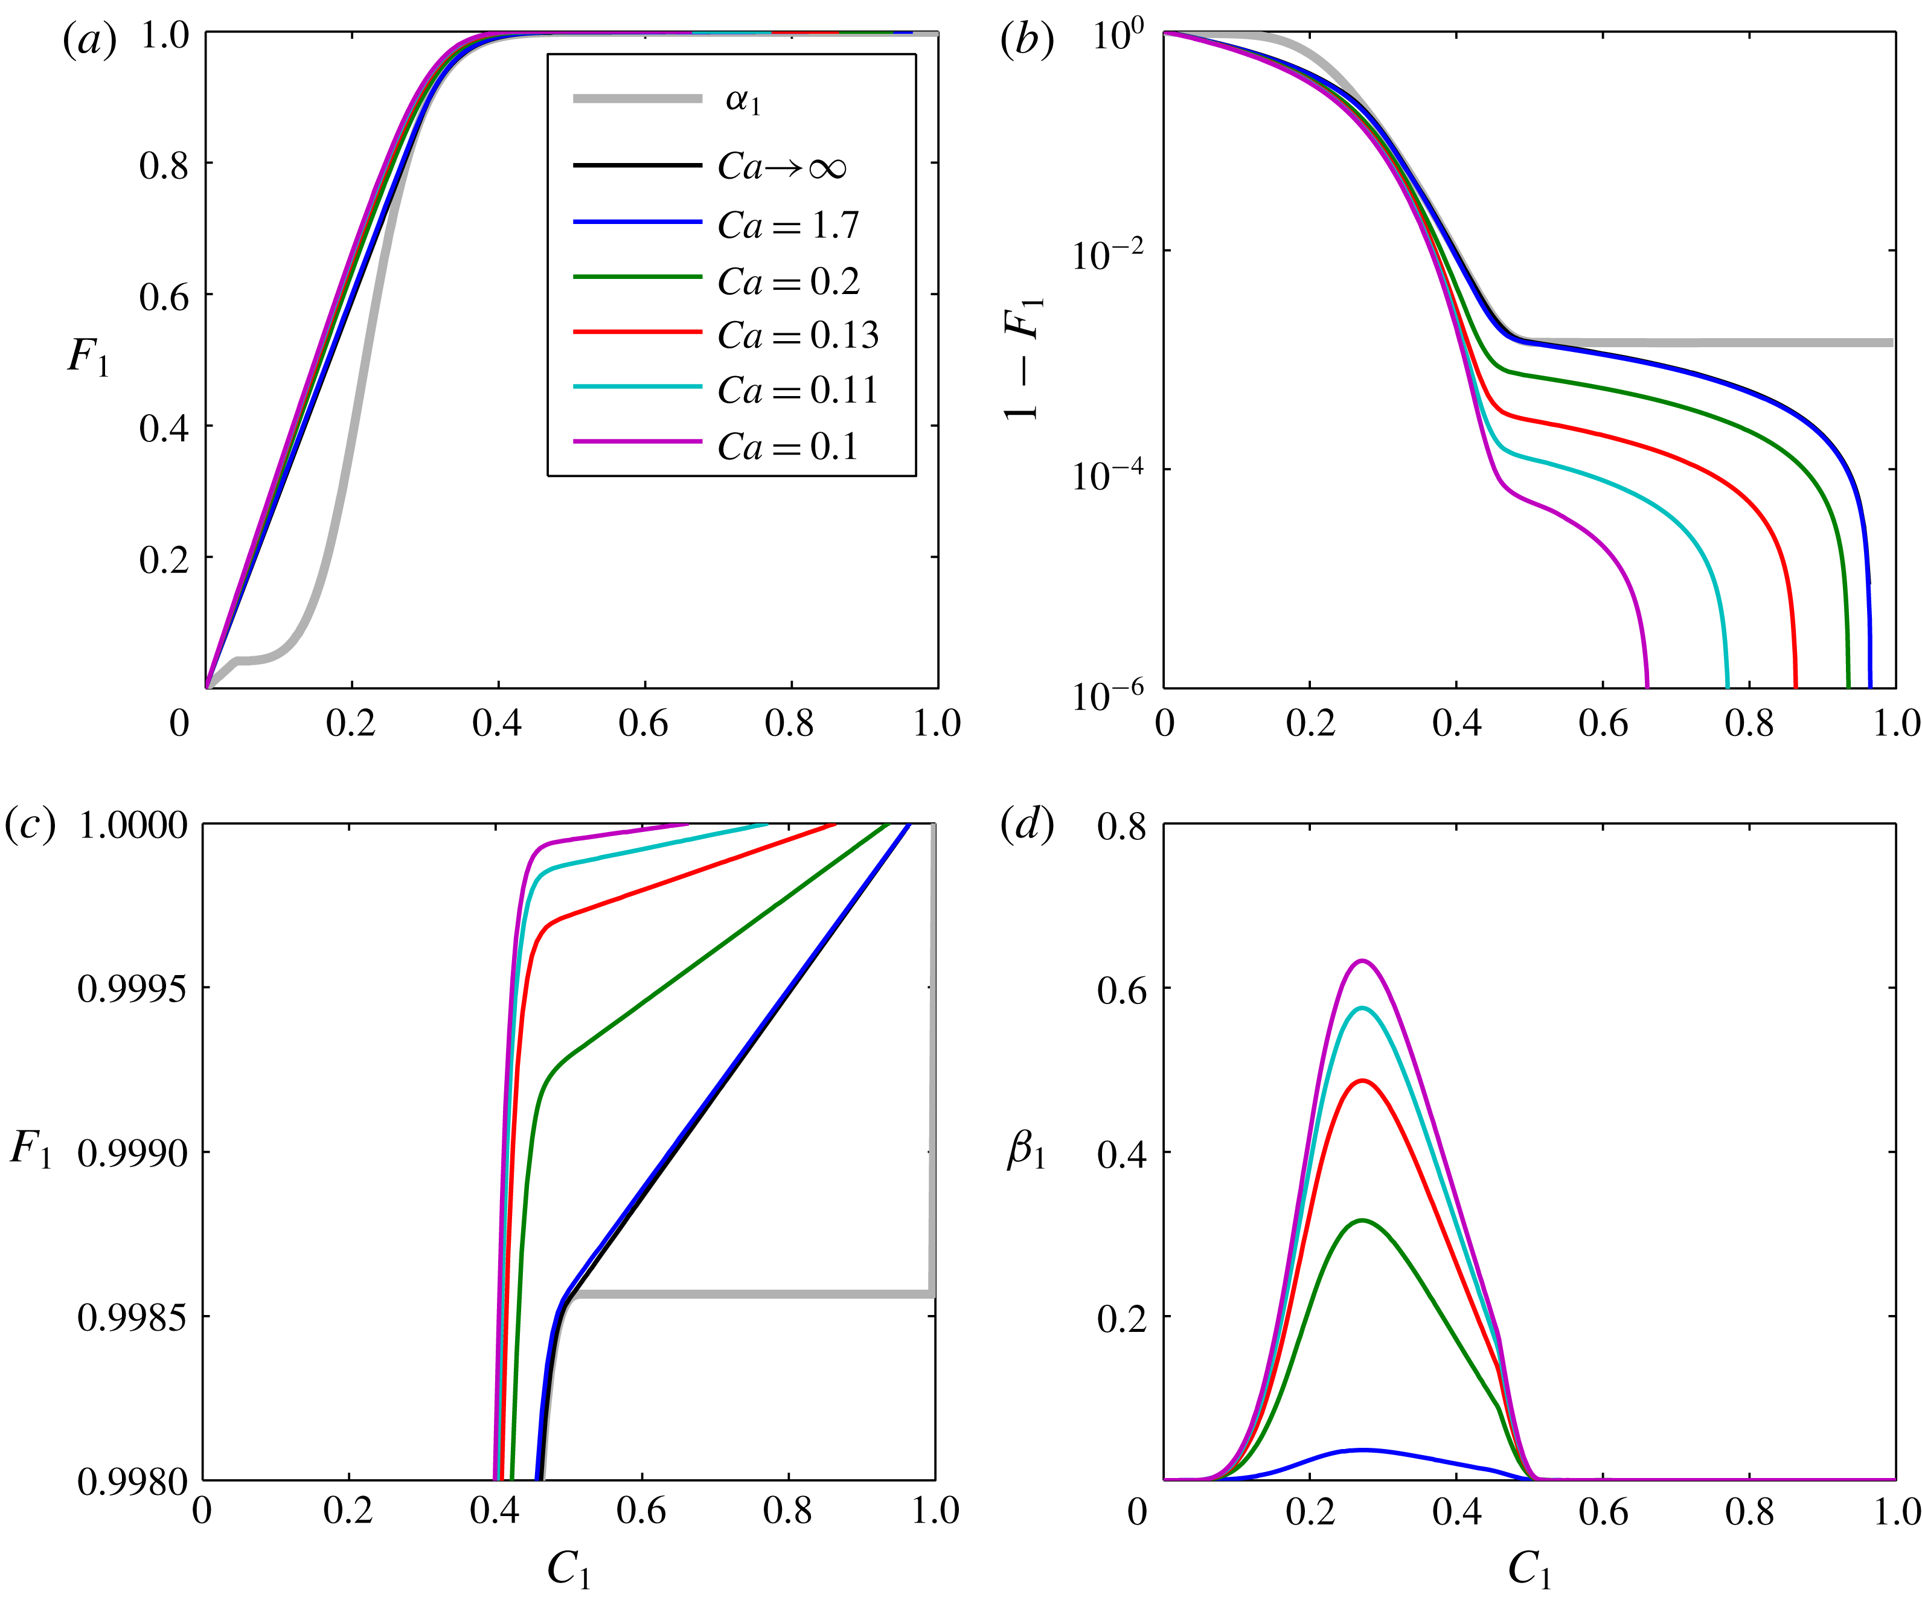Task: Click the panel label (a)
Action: (x=89, y=41)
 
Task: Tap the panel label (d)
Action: (x=1027, y=826)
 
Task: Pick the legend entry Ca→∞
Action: (x=781, y=167)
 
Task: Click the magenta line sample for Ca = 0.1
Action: (x=637, y=442)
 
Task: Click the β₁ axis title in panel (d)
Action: (x=1026, y=1151)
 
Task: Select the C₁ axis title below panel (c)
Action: (x=568, y=1570)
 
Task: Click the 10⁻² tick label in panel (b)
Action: (x=1106, y=254)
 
